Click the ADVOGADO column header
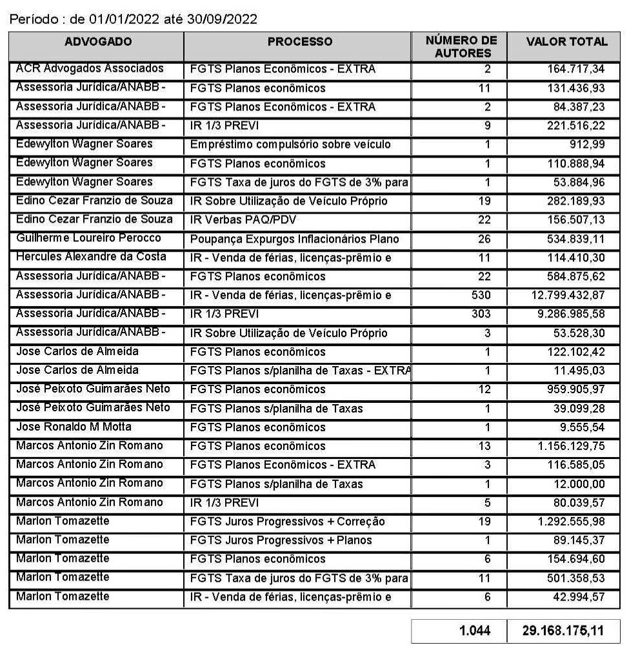coord(98,42)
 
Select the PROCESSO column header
coord(300,42)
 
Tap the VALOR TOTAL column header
coord(566,42)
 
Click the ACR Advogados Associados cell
coord(90,68)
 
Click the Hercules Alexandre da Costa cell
coord(91,257)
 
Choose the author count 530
coord(480,295)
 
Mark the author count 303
coord(480,314)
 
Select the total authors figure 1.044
coord(474,630)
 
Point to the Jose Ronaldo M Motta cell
coord(74,427)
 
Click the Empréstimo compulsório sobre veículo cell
coord(290,144)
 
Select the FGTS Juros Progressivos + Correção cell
coord(287,521)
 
